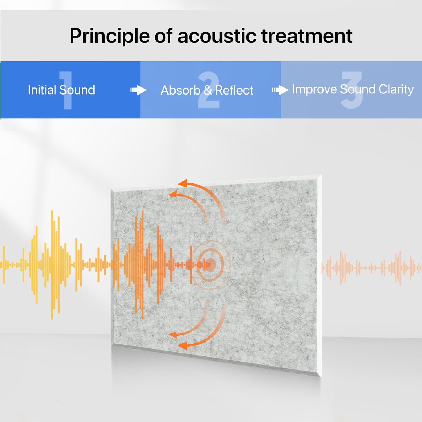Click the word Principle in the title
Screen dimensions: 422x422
(110, 36)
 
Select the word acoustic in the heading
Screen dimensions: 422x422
(217, 36)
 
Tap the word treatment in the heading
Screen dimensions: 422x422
(307, 36)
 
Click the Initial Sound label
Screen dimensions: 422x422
(61, 90)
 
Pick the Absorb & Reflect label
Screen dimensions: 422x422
(207, 90)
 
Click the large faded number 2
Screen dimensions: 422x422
(208, 90)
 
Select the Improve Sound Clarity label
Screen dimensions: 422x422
(353, 89)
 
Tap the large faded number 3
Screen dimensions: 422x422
(352, 90)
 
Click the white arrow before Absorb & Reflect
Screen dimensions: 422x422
(138, 90)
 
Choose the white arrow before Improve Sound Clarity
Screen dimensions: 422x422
(280, 90)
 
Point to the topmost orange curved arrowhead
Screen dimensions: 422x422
(182, 183)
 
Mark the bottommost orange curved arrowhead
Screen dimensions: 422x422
(183, 345)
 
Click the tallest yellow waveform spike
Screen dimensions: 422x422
(52, 265)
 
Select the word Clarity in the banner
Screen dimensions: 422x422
(396, 89)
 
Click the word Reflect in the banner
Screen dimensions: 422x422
(234, 90)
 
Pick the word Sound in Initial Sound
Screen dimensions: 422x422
(77, 90)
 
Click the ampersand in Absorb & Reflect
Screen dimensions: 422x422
(208, 90)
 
